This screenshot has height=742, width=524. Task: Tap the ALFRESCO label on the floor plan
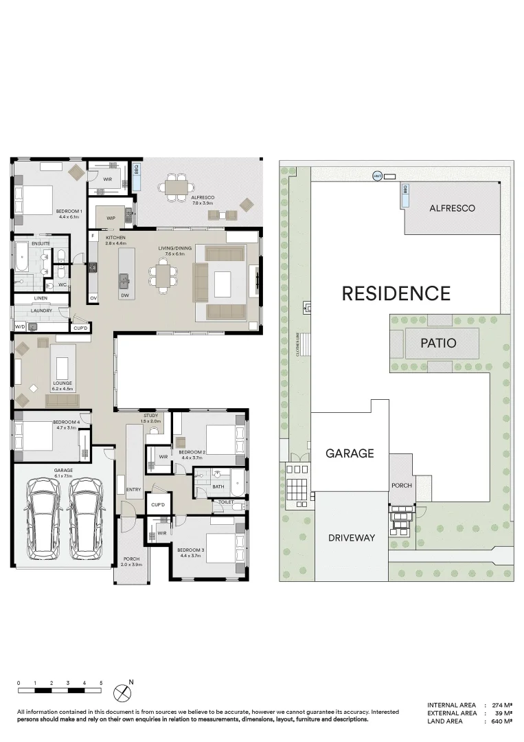[x=203, y=197]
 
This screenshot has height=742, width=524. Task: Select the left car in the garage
[x=43, y=519]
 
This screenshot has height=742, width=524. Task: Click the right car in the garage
[x=86, y=519]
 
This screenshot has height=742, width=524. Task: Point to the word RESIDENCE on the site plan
[x=396, y=294]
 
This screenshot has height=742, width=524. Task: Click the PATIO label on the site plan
[x=438, y=342]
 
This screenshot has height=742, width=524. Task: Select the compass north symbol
[x=122, y=691]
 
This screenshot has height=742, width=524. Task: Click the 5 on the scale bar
[x=101, y=683]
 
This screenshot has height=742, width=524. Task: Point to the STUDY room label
[x=150, y=416]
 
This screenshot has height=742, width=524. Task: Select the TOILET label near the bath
[x=226, y=502]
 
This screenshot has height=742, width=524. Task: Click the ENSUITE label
[x=41, y=243]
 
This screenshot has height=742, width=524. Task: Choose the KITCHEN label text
[x=115, y=237]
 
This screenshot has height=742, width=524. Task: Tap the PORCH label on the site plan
[x=402, y=486]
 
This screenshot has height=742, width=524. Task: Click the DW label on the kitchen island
[x=124, y=295]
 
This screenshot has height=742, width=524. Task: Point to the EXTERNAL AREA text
[x=451, y=713]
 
